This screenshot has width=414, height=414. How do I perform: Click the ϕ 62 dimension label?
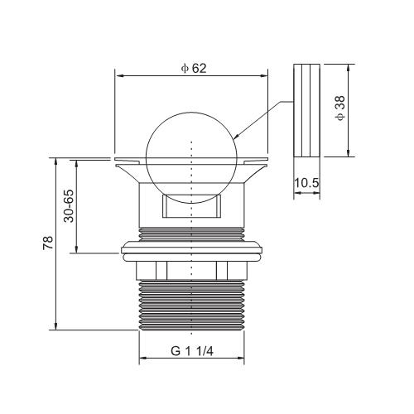point(194,68)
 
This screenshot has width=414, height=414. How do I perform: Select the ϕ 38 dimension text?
point(340,108)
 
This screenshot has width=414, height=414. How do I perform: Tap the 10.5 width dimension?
point(306,183)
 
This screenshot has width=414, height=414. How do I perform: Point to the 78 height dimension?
point(48,243)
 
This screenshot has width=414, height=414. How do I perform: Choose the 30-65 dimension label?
point(69,206)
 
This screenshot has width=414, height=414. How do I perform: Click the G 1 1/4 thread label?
point(192,351)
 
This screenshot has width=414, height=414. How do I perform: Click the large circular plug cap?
point(191,157)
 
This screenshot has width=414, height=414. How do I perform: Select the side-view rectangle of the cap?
point(306,110)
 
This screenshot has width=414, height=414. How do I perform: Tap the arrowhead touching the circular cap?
point(236,137)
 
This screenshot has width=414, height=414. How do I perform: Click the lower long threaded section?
point(192,305)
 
